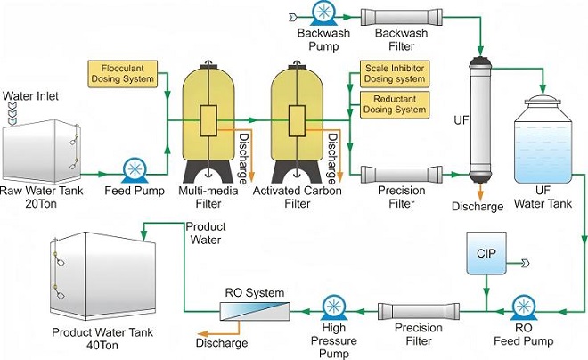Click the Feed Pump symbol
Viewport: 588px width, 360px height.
tap(136, 168)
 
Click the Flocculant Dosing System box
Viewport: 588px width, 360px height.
tap(121, 72)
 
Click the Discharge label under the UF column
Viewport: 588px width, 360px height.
tap(483, 207)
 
